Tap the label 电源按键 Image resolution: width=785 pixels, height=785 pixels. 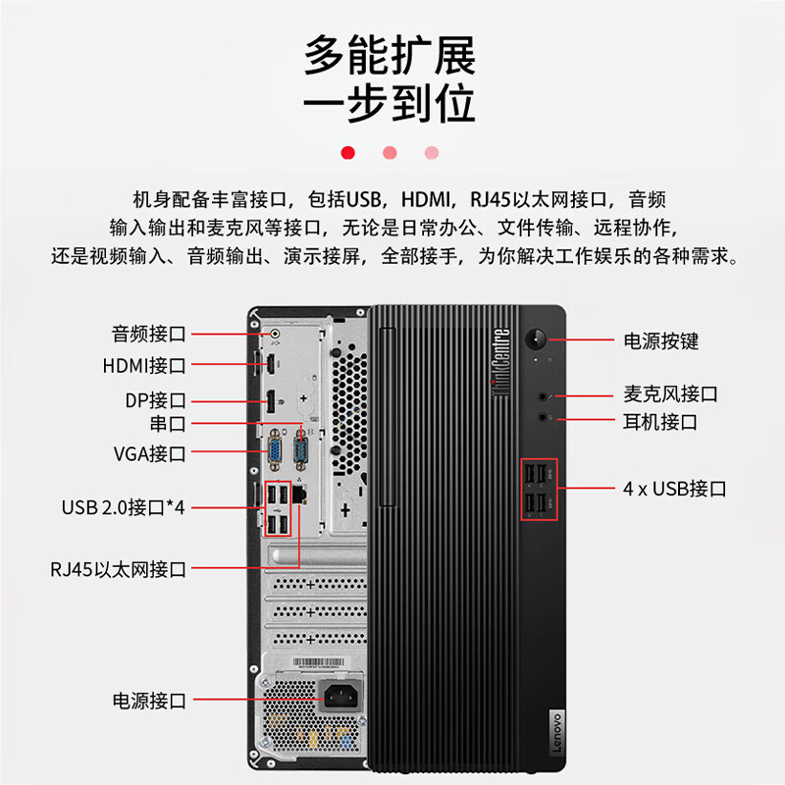point(661,341)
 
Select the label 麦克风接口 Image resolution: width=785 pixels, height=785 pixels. point(671,394)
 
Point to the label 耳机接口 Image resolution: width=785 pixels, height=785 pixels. point(660,422)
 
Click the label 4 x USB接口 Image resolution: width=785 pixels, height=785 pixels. point(675,488)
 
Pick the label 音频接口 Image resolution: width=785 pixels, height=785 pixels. point(149,334)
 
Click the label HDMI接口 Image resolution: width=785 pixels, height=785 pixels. point(144,366)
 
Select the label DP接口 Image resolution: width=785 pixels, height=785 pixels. point(155,400)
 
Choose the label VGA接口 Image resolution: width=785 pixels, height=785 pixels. point(149,453)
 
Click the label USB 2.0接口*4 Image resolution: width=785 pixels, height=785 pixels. point(124,507)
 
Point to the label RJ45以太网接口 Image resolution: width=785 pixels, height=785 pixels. point(119,569)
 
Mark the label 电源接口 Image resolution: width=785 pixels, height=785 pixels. point(149,701)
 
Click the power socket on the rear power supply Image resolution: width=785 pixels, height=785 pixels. point(335,701)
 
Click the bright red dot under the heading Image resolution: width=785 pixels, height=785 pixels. point(347,152)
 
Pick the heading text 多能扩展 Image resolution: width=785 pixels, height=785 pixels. point(390,56)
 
